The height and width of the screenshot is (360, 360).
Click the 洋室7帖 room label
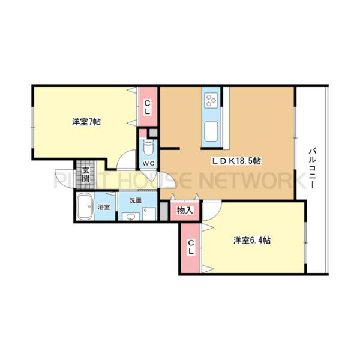pos(86,122)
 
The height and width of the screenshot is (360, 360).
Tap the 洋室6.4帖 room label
pos(251,241)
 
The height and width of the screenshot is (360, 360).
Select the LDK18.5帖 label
pos(235,161)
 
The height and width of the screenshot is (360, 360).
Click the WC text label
pos(148,162)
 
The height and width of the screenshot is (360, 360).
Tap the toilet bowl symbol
pos(148,146)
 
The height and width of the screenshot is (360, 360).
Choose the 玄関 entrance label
pos(86,175)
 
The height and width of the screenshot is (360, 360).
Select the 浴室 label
pos(104,208)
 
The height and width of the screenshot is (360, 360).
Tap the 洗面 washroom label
pos(136,200)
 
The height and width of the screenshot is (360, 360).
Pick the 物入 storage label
pos(184,211)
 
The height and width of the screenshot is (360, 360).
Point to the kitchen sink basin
pos(212,130)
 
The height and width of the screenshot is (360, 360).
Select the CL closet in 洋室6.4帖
pos(191,247)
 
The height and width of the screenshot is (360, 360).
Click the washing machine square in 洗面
pos(149,214)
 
